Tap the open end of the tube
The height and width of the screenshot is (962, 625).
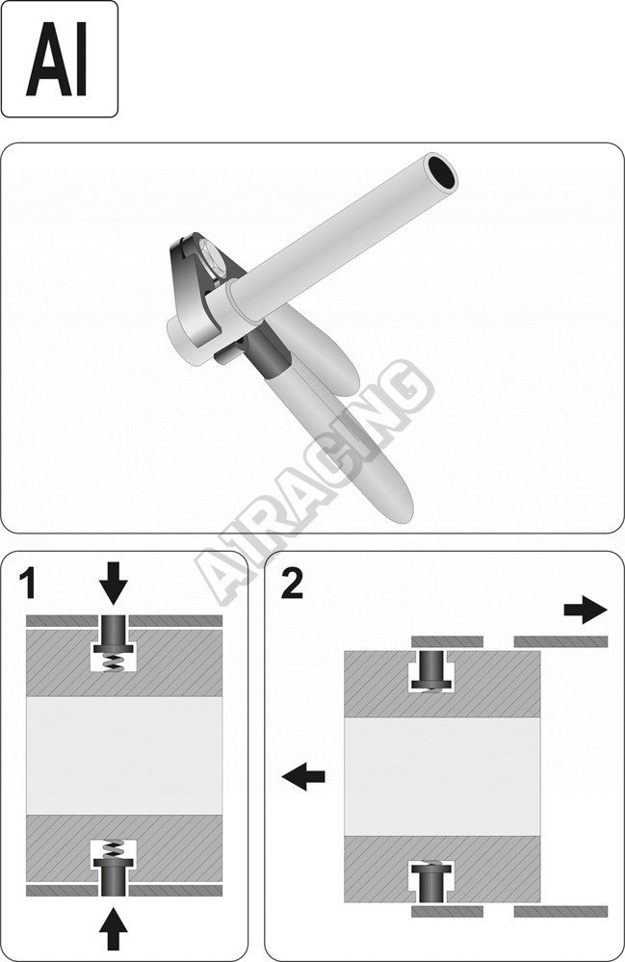(x=443, y=172)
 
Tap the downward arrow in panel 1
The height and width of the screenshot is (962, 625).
(x=113, y=583)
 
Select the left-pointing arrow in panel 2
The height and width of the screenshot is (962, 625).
(x=303, y=777)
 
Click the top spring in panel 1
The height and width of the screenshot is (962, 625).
(x=114, y=662)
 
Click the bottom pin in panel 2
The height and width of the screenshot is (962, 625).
(x=432, y=882)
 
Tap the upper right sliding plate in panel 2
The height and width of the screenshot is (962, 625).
(x=560, y=641)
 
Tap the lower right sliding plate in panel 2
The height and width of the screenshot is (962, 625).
(x=560, y=911)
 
